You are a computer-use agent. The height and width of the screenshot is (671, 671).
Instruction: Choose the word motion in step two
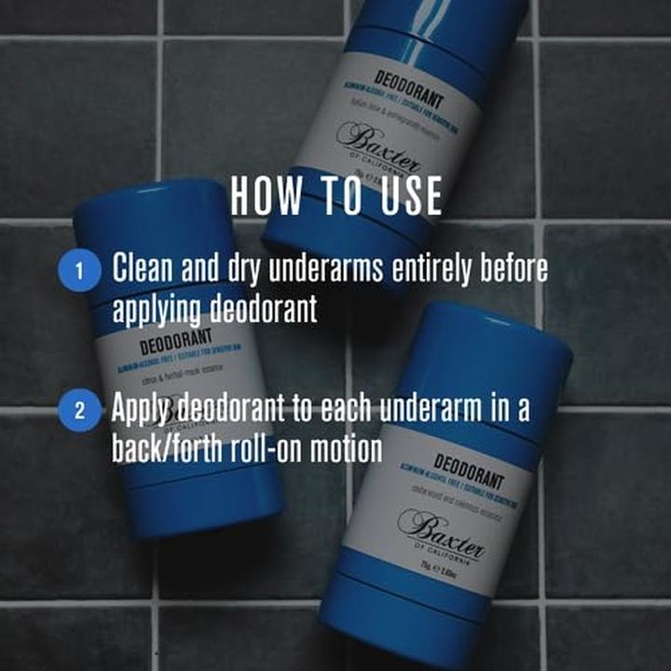pyautogui.click(x=349, y=449)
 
